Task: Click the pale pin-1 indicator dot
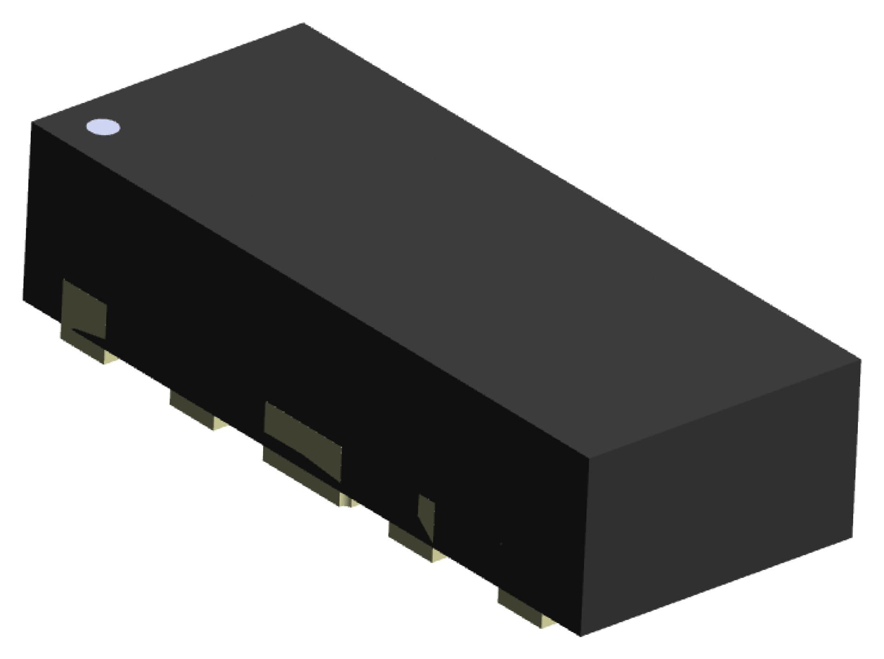coord(103,127)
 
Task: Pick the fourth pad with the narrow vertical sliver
coord(412,536)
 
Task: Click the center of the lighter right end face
coord(720,499)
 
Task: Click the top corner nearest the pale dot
coord(32,122)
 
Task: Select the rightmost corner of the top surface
coord(860,359)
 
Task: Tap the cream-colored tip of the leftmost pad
coord(109,358)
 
